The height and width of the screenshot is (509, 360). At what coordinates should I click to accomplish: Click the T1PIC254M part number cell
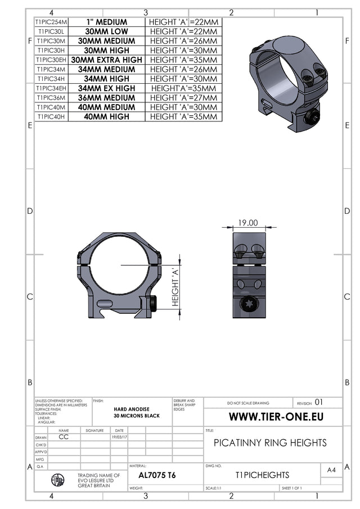51,22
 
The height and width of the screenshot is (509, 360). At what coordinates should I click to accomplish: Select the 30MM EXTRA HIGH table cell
107,60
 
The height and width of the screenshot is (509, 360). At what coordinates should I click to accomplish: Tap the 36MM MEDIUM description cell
107,97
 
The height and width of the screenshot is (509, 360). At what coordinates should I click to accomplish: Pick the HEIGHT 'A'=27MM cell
183,97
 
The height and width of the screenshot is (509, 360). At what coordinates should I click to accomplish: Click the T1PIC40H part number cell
51,116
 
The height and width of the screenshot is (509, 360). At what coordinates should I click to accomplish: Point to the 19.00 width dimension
248,223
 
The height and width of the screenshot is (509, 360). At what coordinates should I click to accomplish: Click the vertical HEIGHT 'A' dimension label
175,287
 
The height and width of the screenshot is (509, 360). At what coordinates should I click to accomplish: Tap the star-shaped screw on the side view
248,306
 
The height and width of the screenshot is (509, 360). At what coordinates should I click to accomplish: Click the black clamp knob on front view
154,304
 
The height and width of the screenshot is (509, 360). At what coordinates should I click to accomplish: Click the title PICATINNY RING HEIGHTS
270,443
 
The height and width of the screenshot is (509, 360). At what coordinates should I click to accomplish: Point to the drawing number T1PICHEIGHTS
262,475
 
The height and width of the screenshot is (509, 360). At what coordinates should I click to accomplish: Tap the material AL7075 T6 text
157,475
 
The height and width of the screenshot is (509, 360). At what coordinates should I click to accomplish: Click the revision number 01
319,403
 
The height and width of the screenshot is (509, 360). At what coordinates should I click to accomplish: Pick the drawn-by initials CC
64,436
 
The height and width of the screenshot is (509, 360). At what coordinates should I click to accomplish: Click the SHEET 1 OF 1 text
291,488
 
